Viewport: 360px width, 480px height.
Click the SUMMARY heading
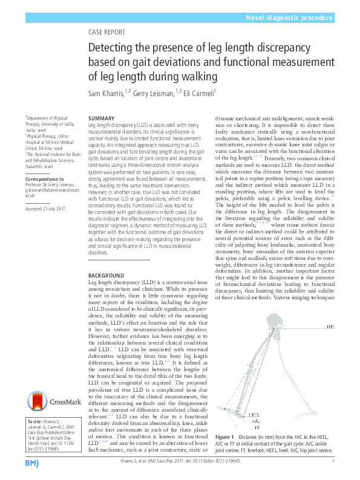101,117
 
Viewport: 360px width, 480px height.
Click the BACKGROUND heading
106,275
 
